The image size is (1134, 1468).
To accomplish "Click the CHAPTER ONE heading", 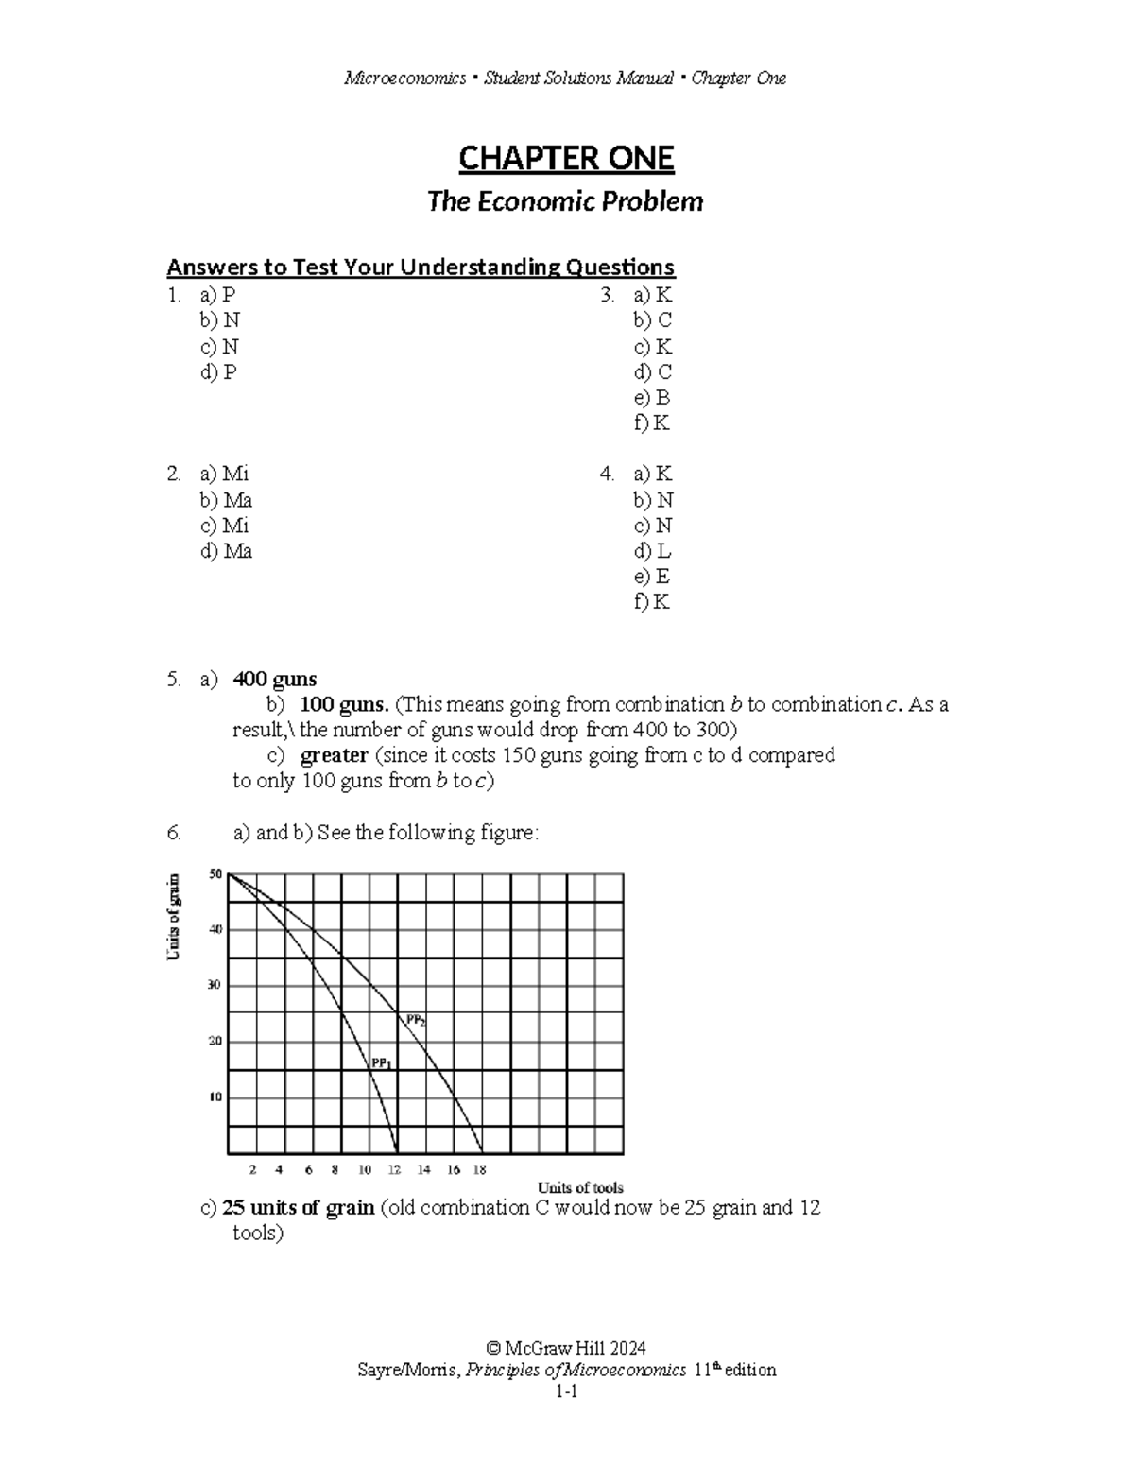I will pos(566,159).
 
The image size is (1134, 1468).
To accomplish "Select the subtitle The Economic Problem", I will pos(565,201).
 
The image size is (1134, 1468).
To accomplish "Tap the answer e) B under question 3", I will pos(652,397).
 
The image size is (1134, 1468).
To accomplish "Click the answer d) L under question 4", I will pos(652,551).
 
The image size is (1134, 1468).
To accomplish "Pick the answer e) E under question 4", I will pos(652,577).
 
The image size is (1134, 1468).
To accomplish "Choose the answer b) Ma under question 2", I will pos(226,500).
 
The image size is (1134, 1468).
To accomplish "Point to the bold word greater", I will pos(334,755).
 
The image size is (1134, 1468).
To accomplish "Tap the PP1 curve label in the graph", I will pos(381,1062).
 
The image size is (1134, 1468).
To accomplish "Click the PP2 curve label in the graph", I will pos(416,1020).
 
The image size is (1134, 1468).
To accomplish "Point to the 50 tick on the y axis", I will pos(215,874).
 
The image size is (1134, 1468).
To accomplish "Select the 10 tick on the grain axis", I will pos(215,1097).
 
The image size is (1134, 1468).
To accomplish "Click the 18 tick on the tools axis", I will pos(479,1170).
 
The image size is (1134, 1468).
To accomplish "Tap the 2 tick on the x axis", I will pos(252,1170).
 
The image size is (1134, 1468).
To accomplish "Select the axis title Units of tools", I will pos(580,1187).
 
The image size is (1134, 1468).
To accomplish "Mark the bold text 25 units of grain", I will pos(299,1208).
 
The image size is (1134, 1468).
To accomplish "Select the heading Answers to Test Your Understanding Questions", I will pos(421,268).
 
